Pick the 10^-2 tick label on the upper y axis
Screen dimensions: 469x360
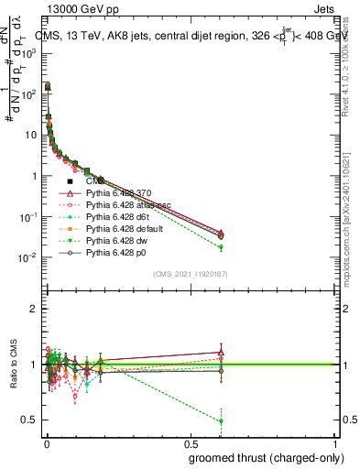click(29, 257)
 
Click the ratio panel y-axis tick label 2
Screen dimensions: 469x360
click(33, 310)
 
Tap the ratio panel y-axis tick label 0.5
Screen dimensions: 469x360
click(30, 420)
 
